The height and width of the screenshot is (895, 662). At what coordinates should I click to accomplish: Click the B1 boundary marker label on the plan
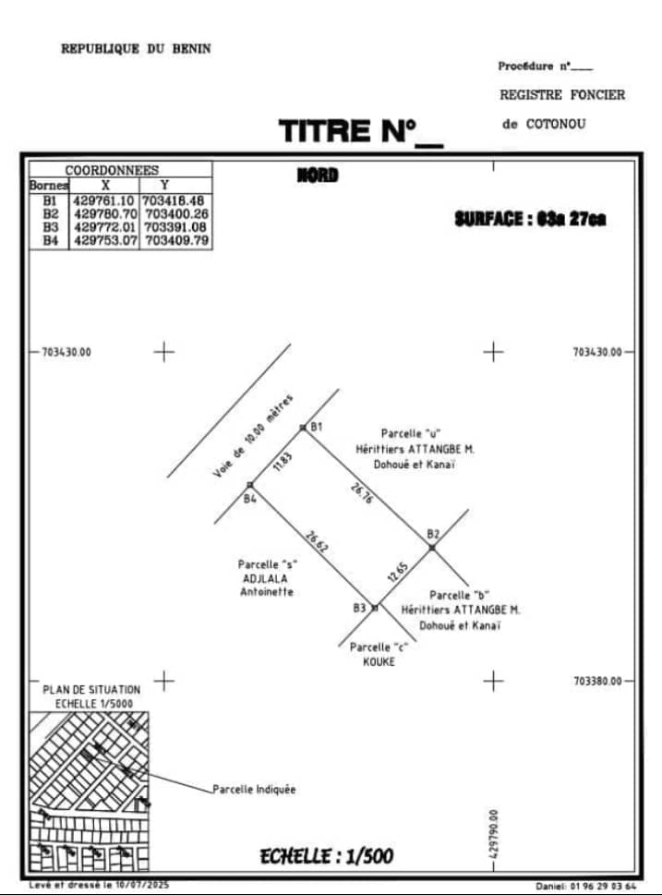pyautogui.click(x=316, y=427)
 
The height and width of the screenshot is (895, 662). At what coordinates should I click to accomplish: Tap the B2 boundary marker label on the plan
pyautogui.click(x=433, y=534)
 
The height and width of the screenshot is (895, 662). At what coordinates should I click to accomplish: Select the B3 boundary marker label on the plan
pyautogui.click(x=359, y=608)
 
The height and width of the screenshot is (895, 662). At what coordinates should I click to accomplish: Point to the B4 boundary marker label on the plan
pyautogui.click(x=249, y=499)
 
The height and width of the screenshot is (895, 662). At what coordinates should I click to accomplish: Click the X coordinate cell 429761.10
pyautogui.click(x=103, y=200)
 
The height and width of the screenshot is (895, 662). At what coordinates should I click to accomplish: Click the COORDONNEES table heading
pyautogui.click(x=112, y=170)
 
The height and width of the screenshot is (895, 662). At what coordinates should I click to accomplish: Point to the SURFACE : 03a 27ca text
pyautogui.click(x=530, y=220)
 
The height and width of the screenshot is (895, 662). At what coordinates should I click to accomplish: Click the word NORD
pyautogui.click(x=317, y=175)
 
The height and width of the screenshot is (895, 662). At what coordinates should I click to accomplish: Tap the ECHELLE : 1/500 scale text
pyautogui.click(x=326, y=856)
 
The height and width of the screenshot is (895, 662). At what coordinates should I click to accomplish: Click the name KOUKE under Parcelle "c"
pyautogui.click(x=379, y=661)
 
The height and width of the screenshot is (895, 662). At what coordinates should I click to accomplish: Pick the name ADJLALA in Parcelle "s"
pyautogui.click(x=266, y=578)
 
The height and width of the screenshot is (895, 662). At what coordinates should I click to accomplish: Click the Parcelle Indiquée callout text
pyautogui.click(x=254, y=790)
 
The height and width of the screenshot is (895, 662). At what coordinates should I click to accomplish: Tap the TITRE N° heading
pyautogui.click(x=349, y=131)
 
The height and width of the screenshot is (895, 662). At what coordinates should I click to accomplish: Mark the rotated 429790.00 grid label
pyautogui.click(x=495, y=835)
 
